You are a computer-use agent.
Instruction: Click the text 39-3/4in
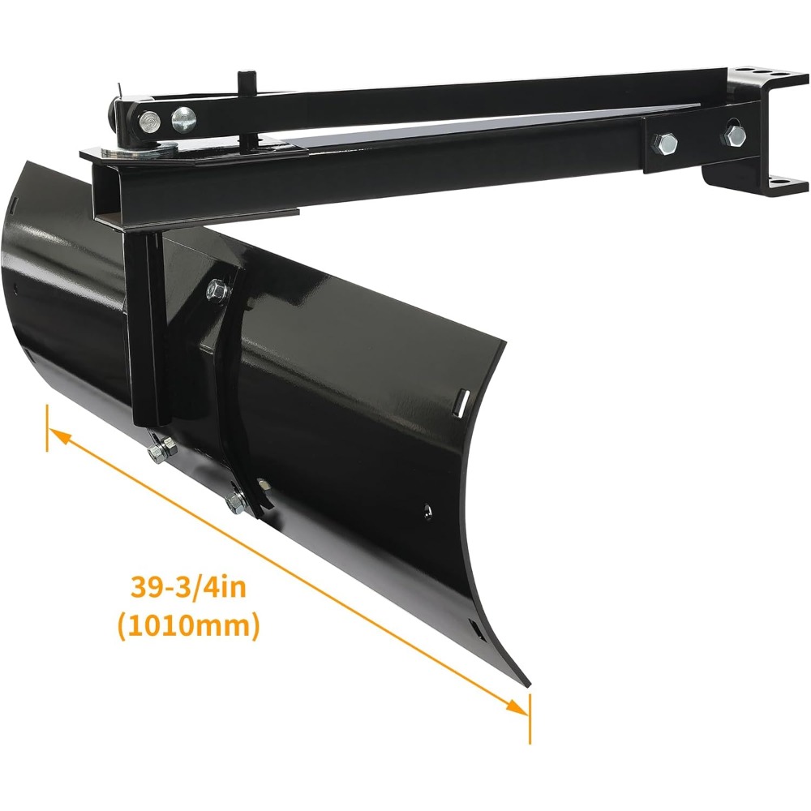(188, 587)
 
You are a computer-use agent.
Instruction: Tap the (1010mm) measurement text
(189, 626)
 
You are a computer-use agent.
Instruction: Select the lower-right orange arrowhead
(517, 706)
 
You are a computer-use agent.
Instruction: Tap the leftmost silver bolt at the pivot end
(149, 122)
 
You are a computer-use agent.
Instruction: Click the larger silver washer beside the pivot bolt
(183, 119)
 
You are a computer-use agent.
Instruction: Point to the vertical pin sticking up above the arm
(243, 84)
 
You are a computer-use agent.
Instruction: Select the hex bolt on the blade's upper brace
(217, 290)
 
